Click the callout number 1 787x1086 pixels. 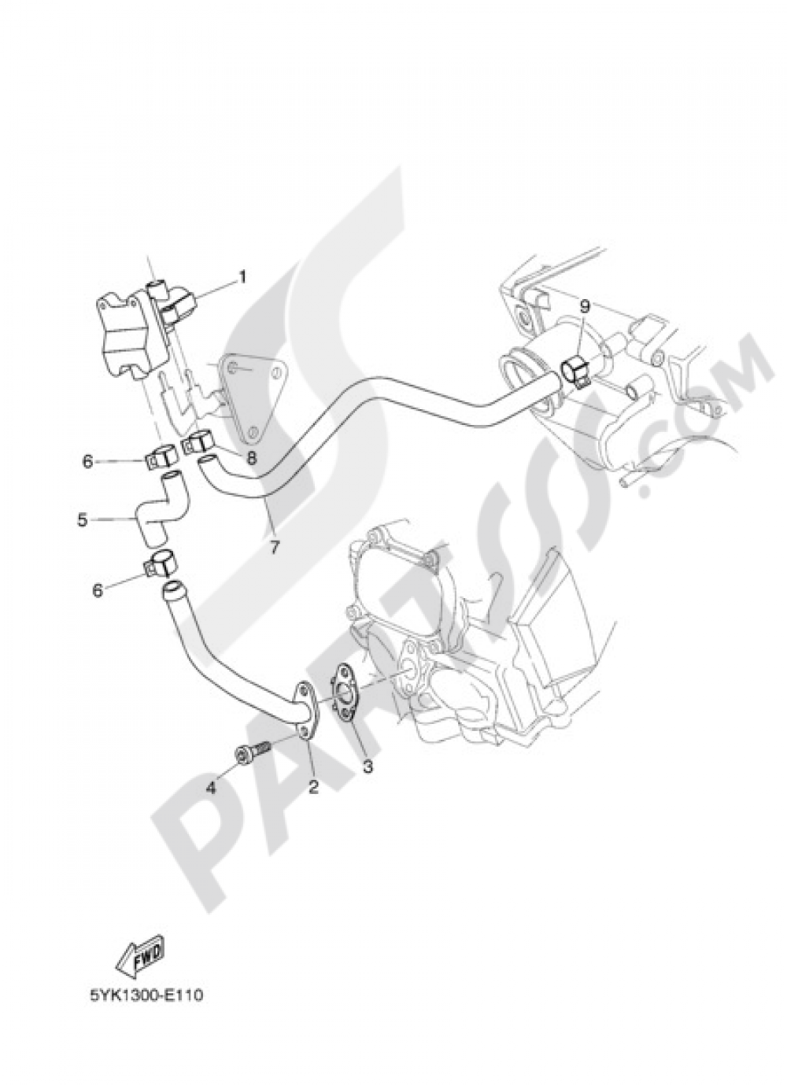(242, 278)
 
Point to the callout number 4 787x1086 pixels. (211, 765)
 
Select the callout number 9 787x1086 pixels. (584, 308)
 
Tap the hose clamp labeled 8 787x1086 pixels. (196, 445)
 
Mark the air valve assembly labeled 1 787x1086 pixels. (142, 331)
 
